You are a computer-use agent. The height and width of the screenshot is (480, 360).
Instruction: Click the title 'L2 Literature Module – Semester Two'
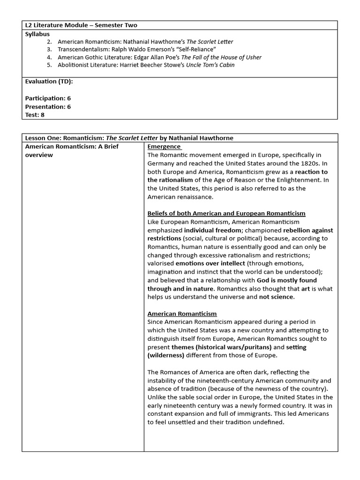click(x=81, y=25)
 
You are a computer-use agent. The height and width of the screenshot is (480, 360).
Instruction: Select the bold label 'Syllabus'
click(x=37, y=34)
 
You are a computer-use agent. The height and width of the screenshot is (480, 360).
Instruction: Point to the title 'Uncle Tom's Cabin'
click(x=210, y=65)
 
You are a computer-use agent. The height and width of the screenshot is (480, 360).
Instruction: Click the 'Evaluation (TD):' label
click(x=49, y=82)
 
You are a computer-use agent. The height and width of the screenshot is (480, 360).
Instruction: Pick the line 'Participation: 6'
click(x=48, y=98)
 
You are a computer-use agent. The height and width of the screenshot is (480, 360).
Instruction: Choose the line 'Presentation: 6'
click(x=48, y=106)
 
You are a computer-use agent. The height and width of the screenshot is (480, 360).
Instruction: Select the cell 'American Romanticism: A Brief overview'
click(x=72, y=150)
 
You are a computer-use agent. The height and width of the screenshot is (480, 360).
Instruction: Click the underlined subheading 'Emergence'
click(x=164, y=146)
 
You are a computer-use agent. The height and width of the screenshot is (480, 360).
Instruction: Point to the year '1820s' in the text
click(x=290, y=163)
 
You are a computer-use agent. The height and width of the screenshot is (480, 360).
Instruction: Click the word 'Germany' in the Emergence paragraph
click(x=162, y=163)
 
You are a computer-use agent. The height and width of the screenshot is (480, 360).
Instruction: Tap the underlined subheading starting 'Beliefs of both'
click(x=226, y=213)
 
